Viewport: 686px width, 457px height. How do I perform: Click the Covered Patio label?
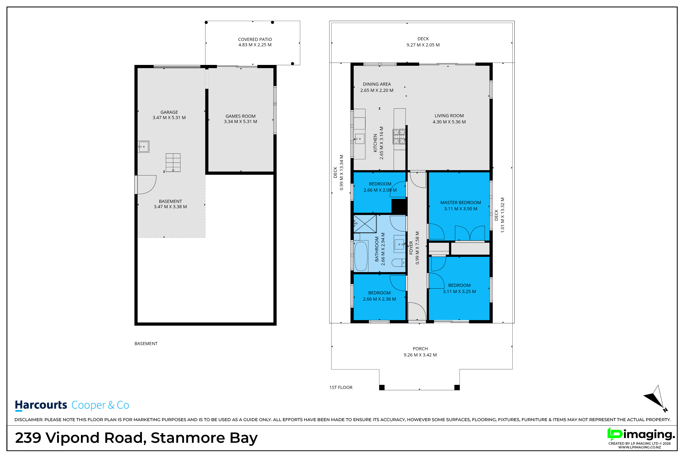pos(255,39)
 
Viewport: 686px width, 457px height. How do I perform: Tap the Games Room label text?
pos(240,116)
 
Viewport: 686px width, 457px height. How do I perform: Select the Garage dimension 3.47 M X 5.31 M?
pos(169,117)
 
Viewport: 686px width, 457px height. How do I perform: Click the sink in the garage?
pos(144,147)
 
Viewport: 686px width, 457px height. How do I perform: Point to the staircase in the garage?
pos(173,162)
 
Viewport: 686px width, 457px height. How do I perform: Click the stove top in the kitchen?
pos(399,136)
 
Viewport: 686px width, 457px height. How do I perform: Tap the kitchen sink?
pos(360,139)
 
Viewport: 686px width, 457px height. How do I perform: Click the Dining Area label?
pos(377,84)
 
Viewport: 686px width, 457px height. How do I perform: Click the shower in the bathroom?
pos(365,224)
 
